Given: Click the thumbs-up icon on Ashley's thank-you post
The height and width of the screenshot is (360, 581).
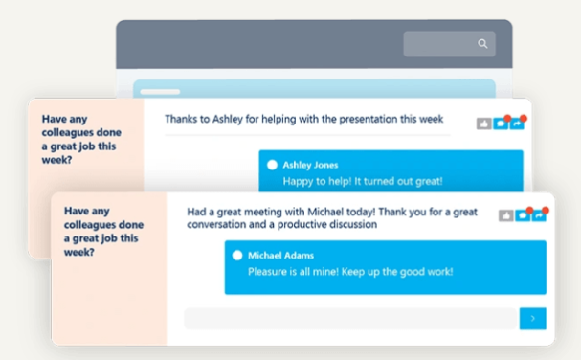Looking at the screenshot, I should click(x=483, y=124).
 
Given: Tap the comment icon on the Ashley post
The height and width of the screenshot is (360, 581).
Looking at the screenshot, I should click(x=500, y=124).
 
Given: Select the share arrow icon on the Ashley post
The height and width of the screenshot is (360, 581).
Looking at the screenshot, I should click(x=517, y=124).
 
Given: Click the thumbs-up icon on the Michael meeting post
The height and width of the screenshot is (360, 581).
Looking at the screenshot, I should click(x=505, y=215).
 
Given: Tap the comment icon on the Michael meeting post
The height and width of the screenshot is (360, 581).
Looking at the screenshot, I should click(x=523, y=215).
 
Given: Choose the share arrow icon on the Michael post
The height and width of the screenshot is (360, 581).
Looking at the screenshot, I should click(x=539, y=215).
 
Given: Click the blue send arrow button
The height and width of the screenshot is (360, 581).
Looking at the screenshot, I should click(x=532, y=319).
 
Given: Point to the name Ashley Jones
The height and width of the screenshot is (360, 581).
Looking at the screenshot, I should click(x=310, y=165).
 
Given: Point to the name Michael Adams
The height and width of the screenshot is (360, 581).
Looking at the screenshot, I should click(x=280, y=256).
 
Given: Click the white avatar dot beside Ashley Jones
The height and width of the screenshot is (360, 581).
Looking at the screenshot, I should click(x=272, y=165).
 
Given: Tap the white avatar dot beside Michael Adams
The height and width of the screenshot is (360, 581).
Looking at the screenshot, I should click(x=238, y=256).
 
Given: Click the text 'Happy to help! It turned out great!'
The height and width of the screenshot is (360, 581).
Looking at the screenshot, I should click(x=361, y=181).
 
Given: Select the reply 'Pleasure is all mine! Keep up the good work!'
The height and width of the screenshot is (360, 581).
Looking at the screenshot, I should click(x=350, y=271).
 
